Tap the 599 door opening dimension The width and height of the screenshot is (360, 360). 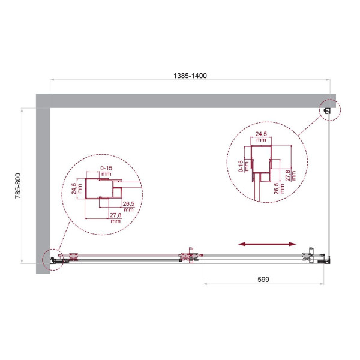(265, 280)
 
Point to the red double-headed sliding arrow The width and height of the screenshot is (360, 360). (268, 244)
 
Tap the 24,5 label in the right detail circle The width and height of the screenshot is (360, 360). (260, 136)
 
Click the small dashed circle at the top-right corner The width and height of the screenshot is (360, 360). (329, 109)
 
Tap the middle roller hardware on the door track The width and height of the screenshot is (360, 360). (190, 256)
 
